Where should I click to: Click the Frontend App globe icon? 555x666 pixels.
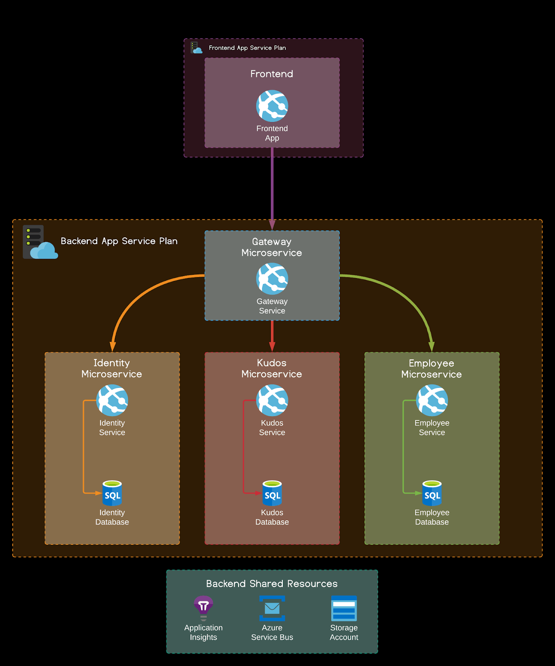pyautogui.click(x=272, y=106)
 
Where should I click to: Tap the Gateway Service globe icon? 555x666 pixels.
pyautogui.click(x=272, y=278)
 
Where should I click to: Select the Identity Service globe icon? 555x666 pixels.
pyautogui.click(x=112, y=400)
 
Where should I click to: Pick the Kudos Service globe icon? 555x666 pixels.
pyautogui.click(x=272, y=400)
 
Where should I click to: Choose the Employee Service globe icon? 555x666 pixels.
pyautogui.click(x=432, y=400)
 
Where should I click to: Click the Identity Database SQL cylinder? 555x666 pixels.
pyautogui.click(x=112, y=493)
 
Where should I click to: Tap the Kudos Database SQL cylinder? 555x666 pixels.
pyautogui.click(x=272, y=493)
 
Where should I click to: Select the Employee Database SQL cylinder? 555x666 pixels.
pyautogui.click(x=432, y=493)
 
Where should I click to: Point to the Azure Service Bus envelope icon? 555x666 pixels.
pyautogui.click(x=272, y=608)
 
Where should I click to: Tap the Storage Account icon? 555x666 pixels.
pyautogui.click(x=344, y=608)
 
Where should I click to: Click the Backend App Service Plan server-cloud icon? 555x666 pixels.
pyautogui.click(x=40, y=242)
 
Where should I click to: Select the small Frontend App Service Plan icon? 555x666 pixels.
pyautogui.click(x=196, y=47)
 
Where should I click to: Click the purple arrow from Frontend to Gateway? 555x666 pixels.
pyautogui.click(x=272, y=187)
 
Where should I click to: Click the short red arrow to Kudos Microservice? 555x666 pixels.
pyautogui.click(x=272, y=335)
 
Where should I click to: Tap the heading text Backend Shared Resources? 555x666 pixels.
pyautogui.click(x=272, y=584)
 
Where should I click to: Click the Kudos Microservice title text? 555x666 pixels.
pyautogui.click(x=272, y=368)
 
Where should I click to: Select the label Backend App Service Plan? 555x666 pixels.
pyautogui.click(x=119, y=241)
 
